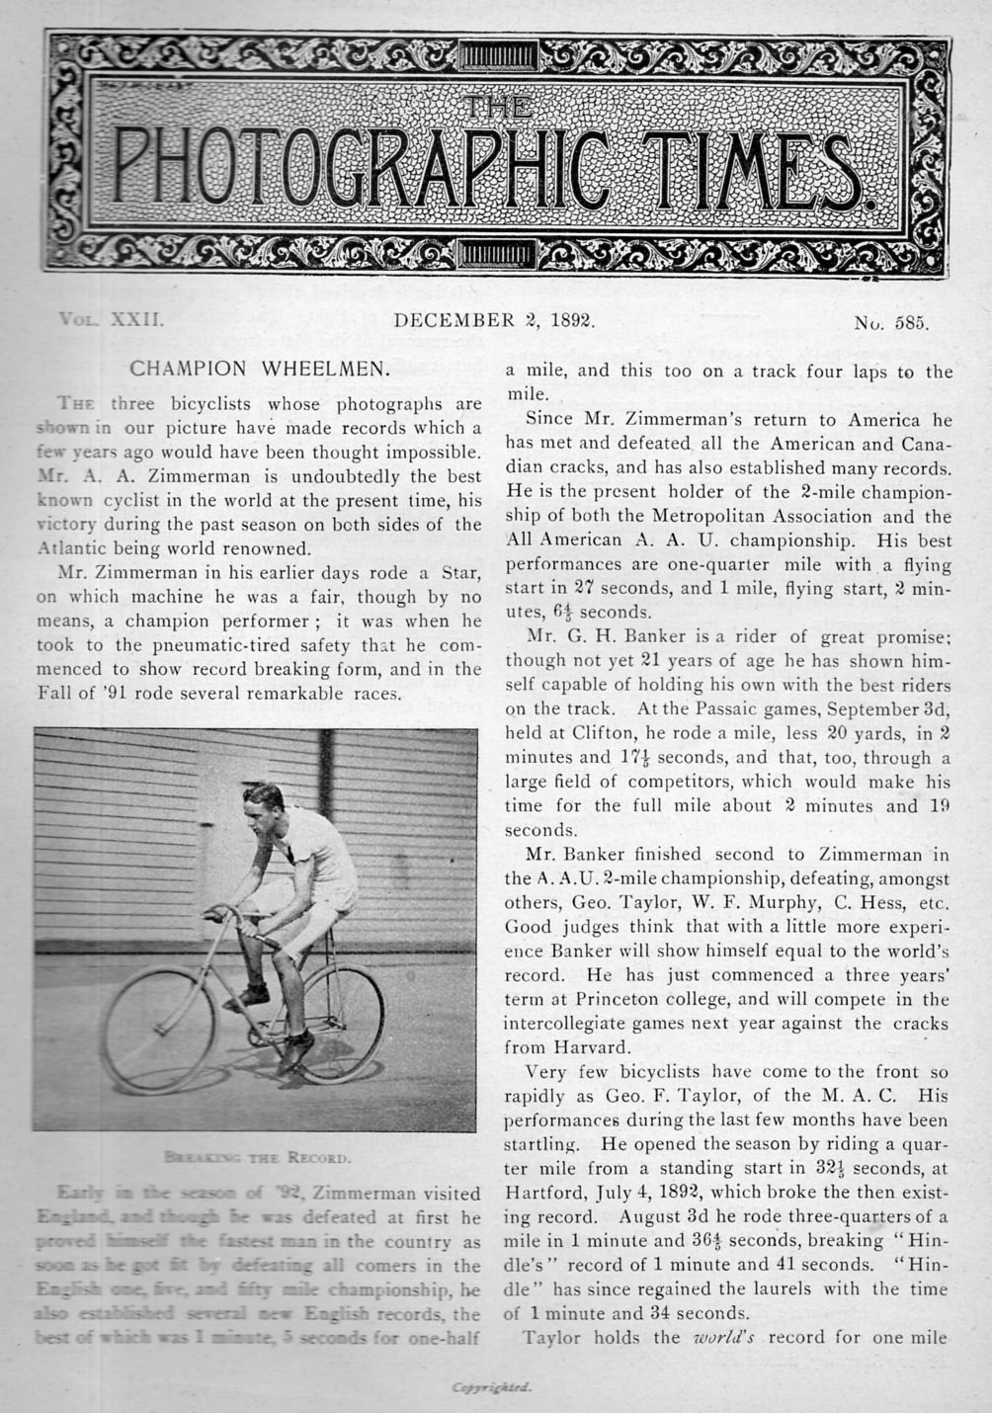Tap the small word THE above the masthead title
click(496, 107)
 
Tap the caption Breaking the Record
click(256, 1155)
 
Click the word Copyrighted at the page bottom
click(492, 1387)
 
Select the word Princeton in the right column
click(642, 999)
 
